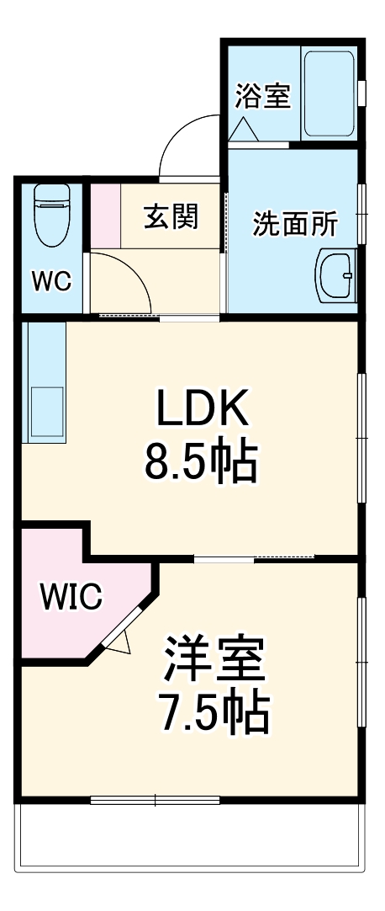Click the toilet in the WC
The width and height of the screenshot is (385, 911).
52,215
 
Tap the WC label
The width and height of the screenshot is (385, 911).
51,281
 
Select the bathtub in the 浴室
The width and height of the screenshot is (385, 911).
329,94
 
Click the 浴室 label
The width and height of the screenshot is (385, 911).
262,97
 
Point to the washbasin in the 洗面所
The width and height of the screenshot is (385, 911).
335,274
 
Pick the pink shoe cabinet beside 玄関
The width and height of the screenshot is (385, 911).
105,216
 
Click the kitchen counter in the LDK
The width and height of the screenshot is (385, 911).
44,382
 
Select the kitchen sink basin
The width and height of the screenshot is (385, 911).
47,412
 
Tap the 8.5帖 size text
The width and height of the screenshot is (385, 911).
200,462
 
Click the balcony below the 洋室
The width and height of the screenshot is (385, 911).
190,836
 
